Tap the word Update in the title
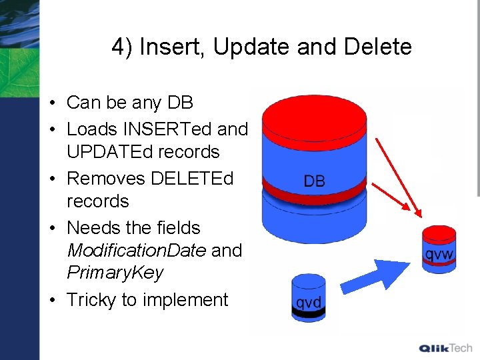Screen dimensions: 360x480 click(241, 47)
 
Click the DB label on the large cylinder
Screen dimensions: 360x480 click(314, 181)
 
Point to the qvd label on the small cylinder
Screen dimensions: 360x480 click(309, 302)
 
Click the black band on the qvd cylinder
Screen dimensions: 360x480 click(309, 311)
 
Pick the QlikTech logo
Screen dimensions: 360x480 click(445, 348)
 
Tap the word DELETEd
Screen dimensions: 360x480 click(192, 179)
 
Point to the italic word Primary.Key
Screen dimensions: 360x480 click(115, 273)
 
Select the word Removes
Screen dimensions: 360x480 click(106, 179)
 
